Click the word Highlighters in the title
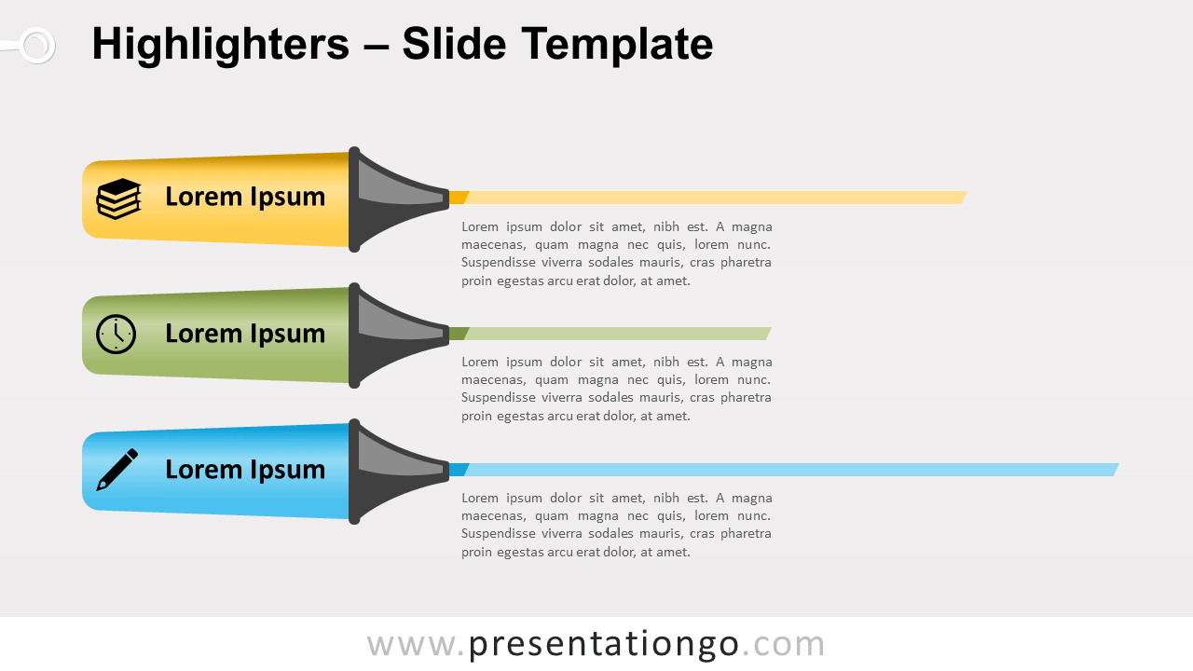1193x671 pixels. click(220, 45)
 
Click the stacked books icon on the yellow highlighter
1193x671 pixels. click(118, 199)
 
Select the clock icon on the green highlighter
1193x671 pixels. click(116, 334)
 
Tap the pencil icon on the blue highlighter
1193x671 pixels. click(117, 470)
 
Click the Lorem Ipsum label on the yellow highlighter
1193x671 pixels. click(245, 197)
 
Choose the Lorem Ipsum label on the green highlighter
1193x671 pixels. click(245, 334)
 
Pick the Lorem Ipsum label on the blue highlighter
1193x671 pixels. click(245, 470)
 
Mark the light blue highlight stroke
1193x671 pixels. click(792, 470)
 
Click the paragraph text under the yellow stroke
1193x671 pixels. click(616, 253)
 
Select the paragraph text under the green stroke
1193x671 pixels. click(616, 389)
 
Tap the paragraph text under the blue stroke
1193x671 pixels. click(616, 525)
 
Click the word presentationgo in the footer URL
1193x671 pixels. click(603, 644)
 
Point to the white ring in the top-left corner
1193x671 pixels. click(36, 45)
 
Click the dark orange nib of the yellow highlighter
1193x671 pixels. click(458, 198)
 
